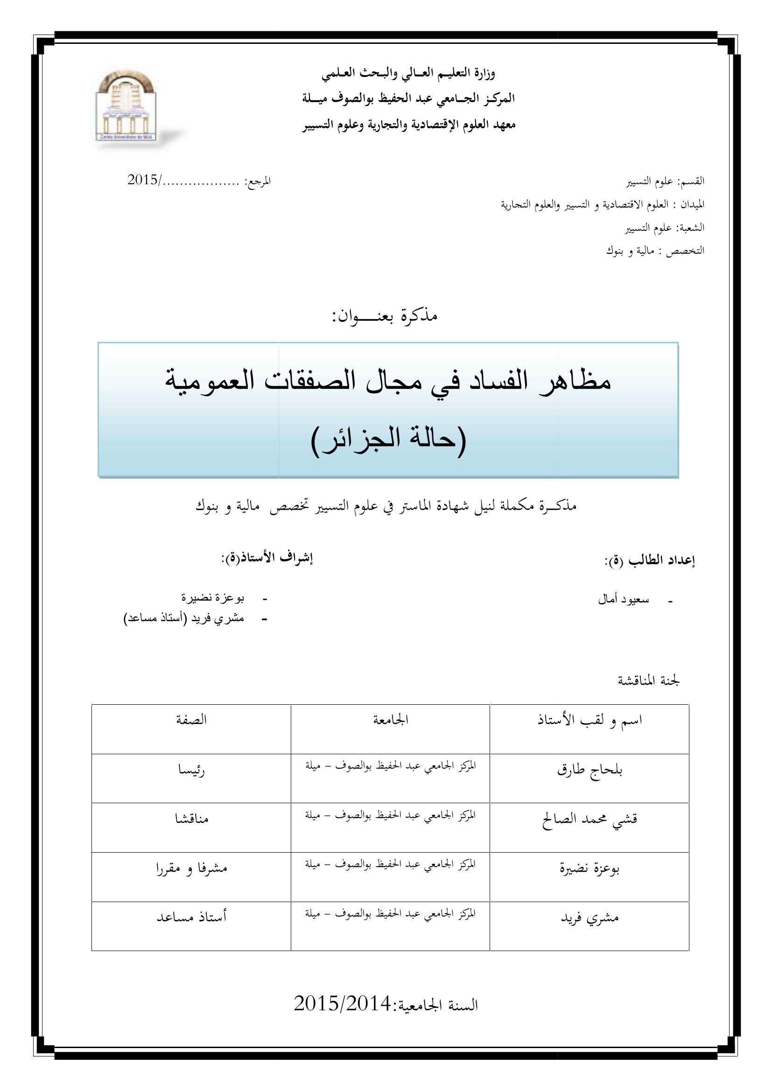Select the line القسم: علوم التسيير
tap(665, 181)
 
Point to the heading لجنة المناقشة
tap(648, 681)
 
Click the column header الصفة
tap(191, 720)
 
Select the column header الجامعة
tap(390, 720)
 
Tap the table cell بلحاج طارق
tap(590, 770)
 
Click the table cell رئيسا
tap(191, 770)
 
